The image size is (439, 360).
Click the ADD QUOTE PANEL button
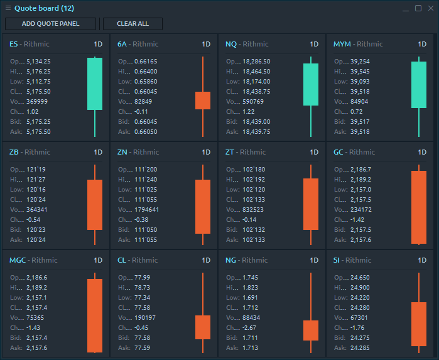51,24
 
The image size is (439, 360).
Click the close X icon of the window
430,8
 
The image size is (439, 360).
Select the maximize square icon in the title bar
418,8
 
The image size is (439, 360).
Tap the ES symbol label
14,44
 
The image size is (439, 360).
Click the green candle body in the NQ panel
311,84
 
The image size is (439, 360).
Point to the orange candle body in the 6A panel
203,101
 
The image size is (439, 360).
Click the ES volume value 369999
38,102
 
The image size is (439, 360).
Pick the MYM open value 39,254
360,62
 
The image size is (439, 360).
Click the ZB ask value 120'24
35,240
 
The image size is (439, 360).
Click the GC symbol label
339,152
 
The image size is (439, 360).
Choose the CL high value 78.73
142,288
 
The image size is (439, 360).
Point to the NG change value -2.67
250,328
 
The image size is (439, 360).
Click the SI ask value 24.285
359,348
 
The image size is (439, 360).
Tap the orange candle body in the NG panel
311,330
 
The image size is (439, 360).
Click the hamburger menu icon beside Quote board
8,8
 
